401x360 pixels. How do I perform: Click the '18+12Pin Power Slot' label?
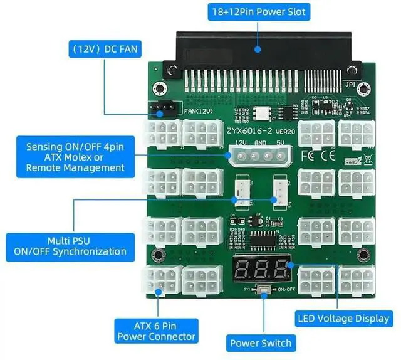[258, 11]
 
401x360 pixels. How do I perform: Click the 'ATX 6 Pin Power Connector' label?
[157, 331]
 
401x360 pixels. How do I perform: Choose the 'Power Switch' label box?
[260, 343]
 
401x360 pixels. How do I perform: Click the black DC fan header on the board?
[161, 110]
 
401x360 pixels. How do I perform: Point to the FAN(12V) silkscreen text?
[198, 112]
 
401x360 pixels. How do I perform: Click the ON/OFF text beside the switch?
[286, 290]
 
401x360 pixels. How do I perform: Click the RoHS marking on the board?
[353, 161]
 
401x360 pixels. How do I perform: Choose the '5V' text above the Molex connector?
[279, 144]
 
